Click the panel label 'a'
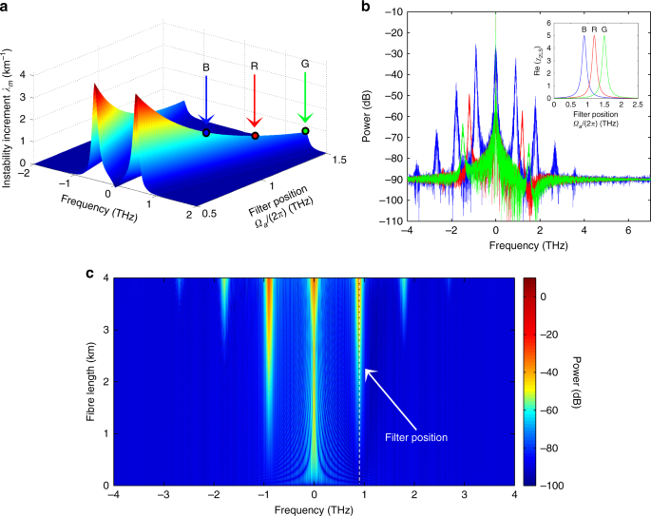click(x=8, y=8)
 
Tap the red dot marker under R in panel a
click(x=255, y=136)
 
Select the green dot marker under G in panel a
click(x=305, y=130)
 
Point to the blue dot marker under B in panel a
click(x=206, y=133)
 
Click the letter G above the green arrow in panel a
click(x=305, y=66)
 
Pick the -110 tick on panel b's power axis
click(x=390, y=220)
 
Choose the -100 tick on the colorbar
click(x=538, y=486)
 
